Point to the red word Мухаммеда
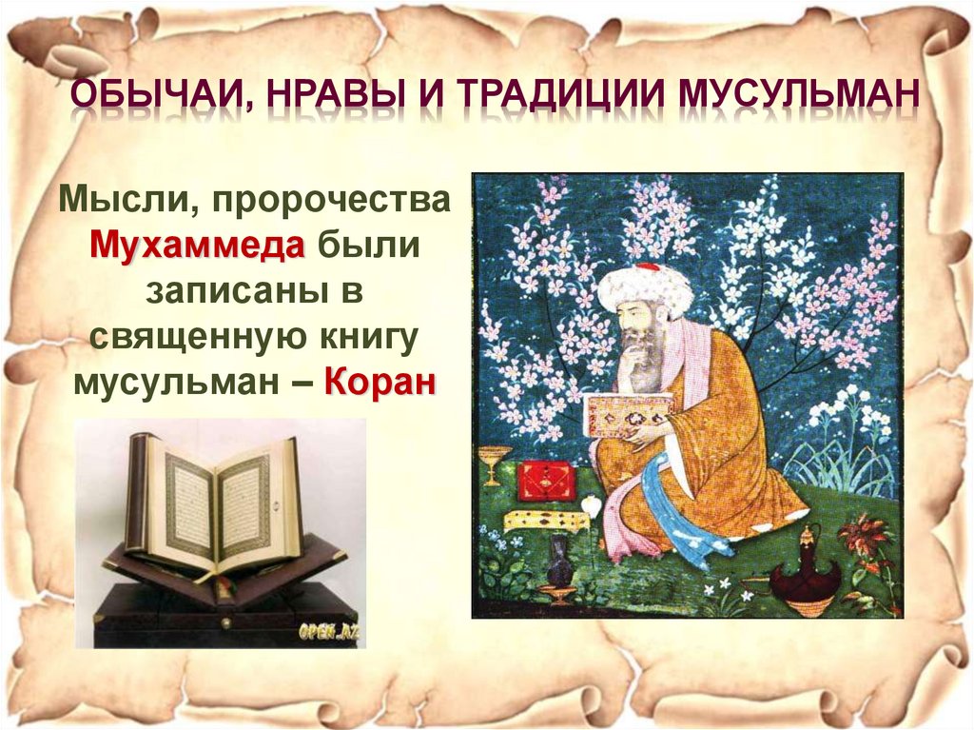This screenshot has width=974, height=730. [197, 246]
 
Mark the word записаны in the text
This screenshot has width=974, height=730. [237, 291]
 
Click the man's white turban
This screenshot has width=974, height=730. [644, 286]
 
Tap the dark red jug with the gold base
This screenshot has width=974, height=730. [805, 572]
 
